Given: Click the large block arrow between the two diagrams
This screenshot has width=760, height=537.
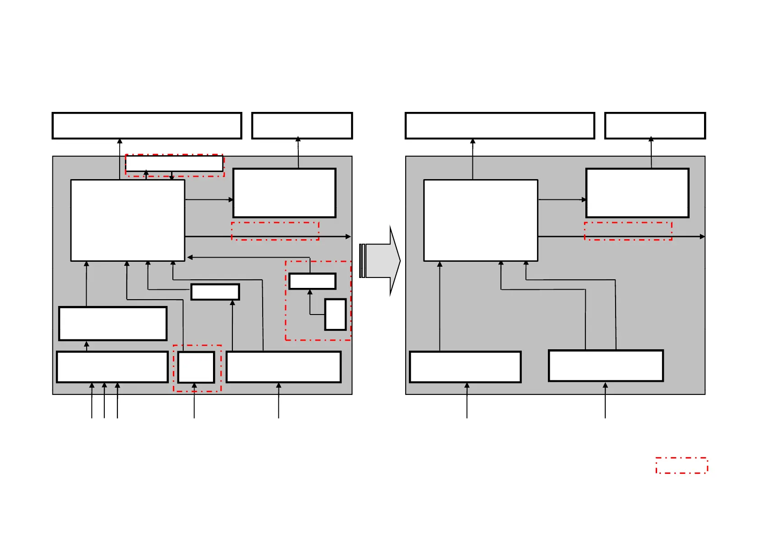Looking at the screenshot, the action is click(x=380, y=261).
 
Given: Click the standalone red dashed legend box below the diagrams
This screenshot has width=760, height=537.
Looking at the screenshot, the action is click(x=681, y=465).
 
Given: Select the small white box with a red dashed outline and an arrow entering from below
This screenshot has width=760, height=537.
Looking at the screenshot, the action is click(x=196, y=367).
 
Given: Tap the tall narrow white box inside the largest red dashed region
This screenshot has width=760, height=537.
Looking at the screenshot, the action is click(x=335, y=314).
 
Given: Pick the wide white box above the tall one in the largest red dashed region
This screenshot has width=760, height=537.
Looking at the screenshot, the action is click(x=312, y=281).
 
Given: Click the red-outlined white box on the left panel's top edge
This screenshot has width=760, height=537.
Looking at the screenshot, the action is click(x=174, y=163).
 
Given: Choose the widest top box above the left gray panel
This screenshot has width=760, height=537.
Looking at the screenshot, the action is click(x=147, y=125).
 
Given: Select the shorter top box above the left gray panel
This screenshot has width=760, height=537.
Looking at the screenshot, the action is click(x=302, y=125).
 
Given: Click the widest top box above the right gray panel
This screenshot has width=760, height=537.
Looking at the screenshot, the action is click(x=500, y=125).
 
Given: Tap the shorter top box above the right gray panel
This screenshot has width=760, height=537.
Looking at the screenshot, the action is click(x=655, y=125).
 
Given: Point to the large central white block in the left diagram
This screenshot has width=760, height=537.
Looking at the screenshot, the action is click(x=128, y=220).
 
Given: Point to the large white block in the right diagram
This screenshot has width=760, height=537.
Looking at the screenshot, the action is click(x=481, y=220).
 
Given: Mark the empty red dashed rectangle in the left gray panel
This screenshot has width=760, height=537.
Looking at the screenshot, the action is click(x=275, y=231).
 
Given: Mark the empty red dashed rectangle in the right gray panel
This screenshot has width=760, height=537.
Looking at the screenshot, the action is click(x=628, y=231).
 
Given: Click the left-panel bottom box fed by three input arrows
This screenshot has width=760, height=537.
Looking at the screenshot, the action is click(x=112, y=367).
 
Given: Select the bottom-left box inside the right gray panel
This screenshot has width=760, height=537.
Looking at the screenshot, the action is click(x=465, y=367).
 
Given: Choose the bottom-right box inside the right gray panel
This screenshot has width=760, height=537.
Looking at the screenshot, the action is click(x=606, y=366).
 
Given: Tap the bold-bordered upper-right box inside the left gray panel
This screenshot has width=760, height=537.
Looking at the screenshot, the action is click(x=284, y=193).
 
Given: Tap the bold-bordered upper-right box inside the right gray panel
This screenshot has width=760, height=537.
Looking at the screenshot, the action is click(x=637, y=193).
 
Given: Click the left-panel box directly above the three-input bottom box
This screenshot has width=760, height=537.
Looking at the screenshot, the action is click(x=113, y=324).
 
